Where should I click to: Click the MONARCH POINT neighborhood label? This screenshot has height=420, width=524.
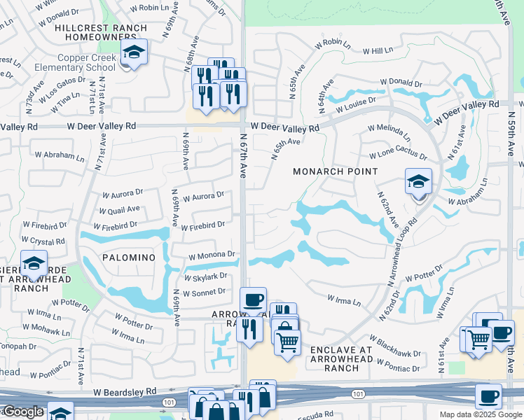tap(336, 171)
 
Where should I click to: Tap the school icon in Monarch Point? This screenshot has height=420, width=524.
tap(418, 183)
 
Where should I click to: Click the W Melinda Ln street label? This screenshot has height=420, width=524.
tap(389, 131)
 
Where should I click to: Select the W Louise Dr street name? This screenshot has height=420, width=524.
tap(355, 106)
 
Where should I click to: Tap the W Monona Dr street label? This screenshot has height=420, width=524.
tap(210, 255)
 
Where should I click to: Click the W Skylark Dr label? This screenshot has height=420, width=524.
tap(205, 276)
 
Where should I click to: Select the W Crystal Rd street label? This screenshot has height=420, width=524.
tap(43, 241)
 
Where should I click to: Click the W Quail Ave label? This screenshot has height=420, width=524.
tap(119, 209)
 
